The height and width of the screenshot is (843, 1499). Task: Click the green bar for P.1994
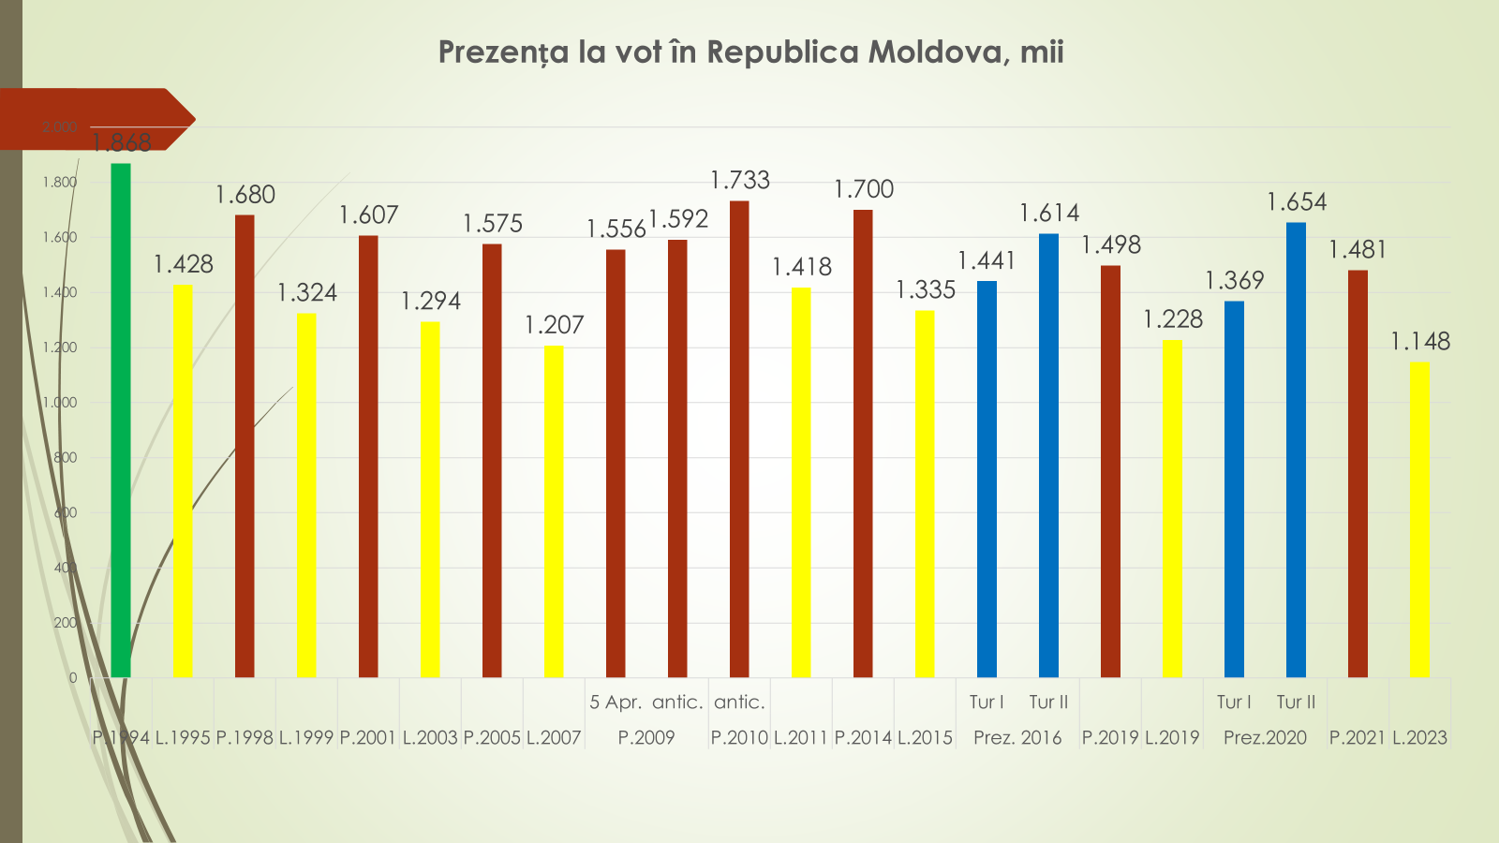click(121, 421)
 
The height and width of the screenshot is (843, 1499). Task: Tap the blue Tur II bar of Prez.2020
click(1296, 450)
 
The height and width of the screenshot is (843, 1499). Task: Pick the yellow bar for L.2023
click(1419, 520)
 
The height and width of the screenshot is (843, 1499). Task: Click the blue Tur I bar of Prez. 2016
click(987, 479)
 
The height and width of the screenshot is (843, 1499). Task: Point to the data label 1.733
click(740, 180)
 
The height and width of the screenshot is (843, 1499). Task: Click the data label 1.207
click(554, 325)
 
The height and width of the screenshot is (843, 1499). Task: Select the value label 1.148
click(1419, 341)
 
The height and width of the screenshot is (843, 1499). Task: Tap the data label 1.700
click(864, 189)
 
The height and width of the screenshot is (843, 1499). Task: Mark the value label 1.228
click(1172, 319)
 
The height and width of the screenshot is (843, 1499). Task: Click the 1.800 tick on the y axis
click(59, 182)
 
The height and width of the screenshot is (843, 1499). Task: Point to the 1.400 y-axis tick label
click(59, 292)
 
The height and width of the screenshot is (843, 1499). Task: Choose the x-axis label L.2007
click(554, 737)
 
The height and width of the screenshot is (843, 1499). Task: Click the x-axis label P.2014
click(863, 737)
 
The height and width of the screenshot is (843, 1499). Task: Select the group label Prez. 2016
click(1017, 737)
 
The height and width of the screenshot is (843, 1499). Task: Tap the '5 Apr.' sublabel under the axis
click(616, 702)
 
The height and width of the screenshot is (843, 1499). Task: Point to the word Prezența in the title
click(503, 52)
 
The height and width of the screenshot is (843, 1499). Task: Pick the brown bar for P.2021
click(1358, 473)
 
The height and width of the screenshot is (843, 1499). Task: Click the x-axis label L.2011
click(801, 737)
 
